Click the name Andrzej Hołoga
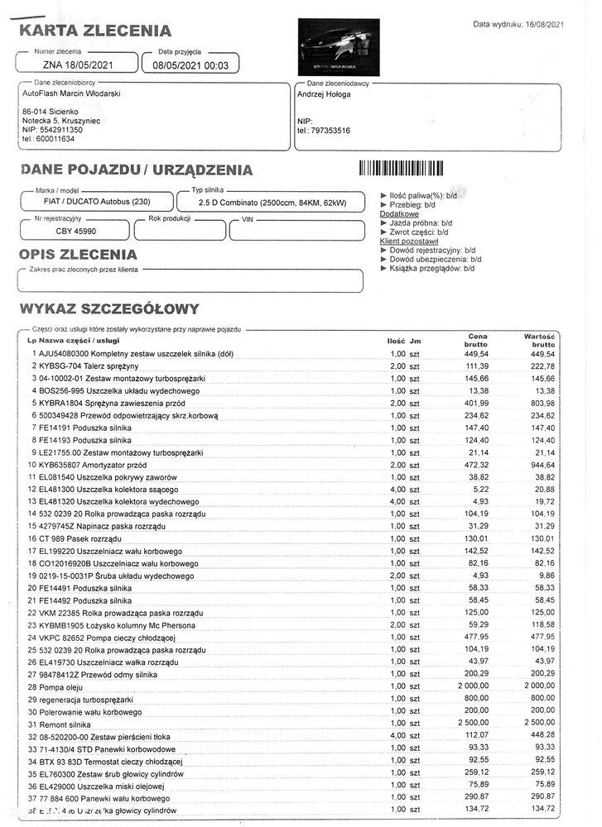click(324, 94)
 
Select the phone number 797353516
click(329, 131)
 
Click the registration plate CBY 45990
click(75, 231)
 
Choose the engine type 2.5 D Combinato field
click(272, 202)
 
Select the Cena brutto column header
click(477, 340)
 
